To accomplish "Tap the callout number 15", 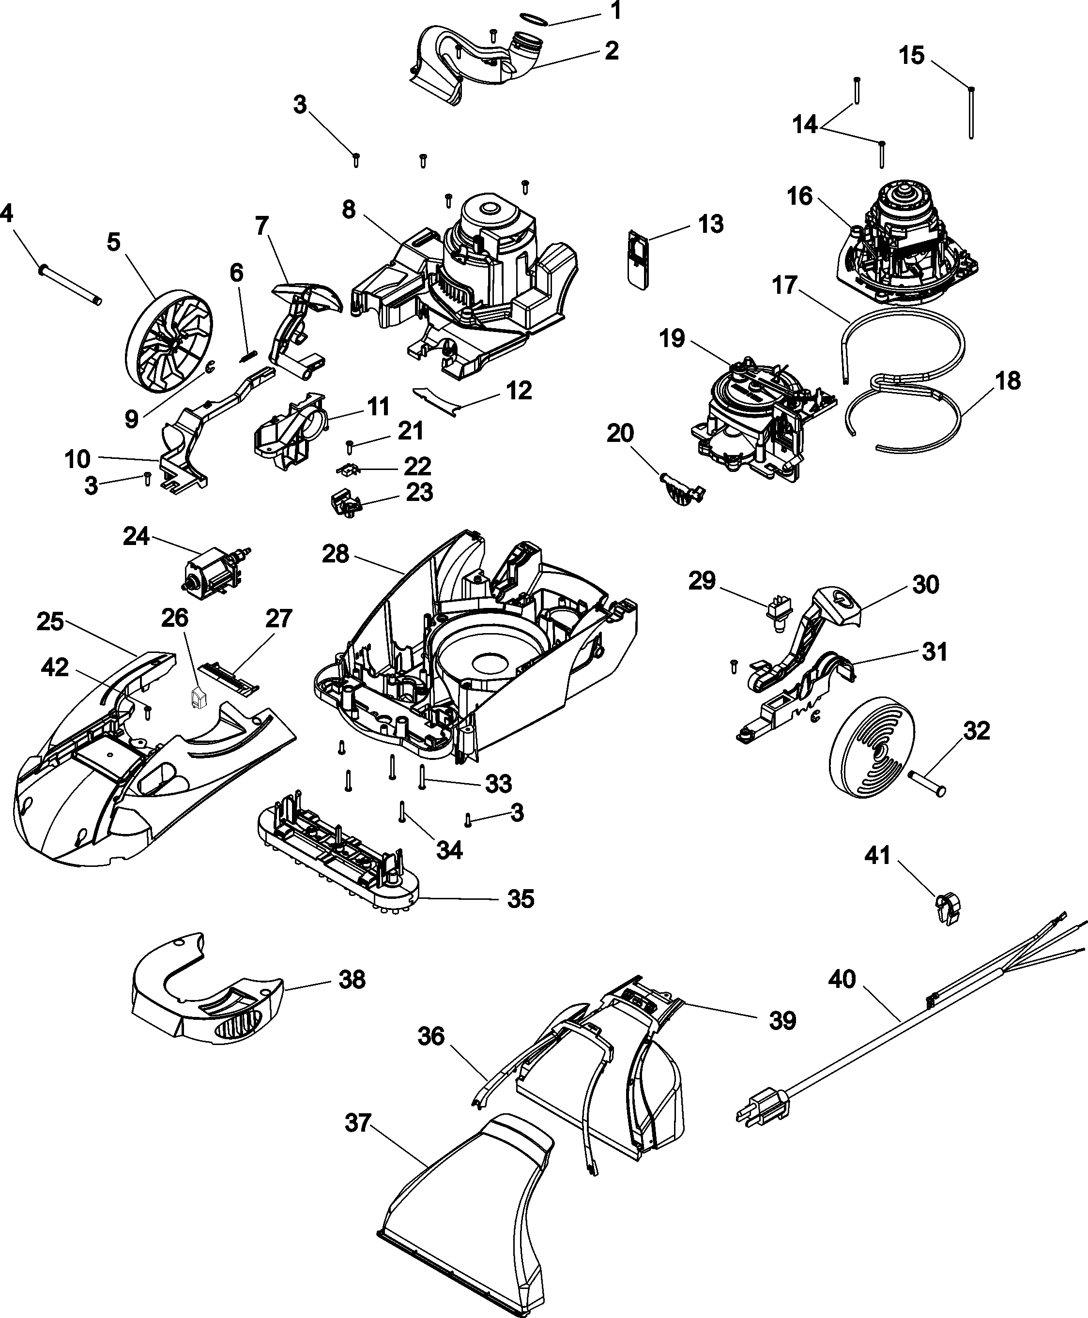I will (912, 56).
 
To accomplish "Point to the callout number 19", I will (672, 339).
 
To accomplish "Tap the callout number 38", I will (352, 979).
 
